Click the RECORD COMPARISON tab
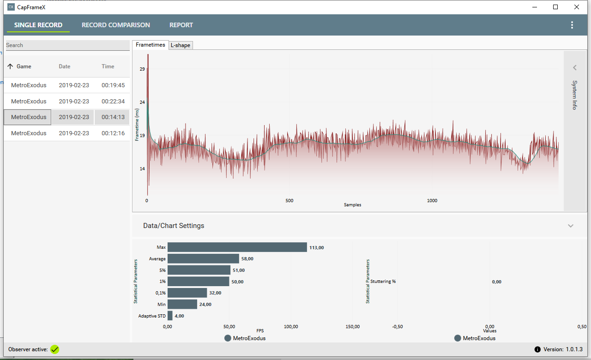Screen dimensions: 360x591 (116, 25)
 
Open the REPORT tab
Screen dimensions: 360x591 (181, 25)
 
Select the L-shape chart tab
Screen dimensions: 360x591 (180, 45)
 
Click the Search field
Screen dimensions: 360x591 (67, 45)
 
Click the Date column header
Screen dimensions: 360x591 (65, 66)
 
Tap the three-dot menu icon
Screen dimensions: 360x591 (572, 25)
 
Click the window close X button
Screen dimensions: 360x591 (576, 7)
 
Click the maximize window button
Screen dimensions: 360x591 (555, 7)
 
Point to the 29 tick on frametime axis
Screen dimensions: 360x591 (142, 69)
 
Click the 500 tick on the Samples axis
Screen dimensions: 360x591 (289, 201)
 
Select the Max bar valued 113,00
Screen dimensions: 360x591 (237, 247)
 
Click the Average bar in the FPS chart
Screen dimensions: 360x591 (203, 259)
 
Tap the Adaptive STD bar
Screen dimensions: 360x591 (170, 316)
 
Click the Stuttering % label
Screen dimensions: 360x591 (383, 282)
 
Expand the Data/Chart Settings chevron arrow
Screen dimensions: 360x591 (571, 226)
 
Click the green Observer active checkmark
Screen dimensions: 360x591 (55, 349)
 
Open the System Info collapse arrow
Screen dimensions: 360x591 (575, 68)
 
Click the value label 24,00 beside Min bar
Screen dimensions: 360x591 (205, 305)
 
